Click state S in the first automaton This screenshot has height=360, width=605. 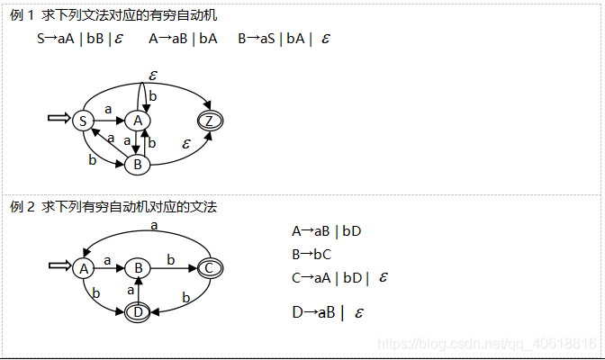83,121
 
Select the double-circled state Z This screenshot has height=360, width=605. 211,121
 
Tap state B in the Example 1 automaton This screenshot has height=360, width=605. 138,165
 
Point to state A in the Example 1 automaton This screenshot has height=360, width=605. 138,121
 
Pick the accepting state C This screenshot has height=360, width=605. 210,267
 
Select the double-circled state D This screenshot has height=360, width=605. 138,311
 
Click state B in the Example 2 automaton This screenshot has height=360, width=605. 138,267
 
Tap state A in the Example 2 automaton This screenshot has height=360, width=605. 83,267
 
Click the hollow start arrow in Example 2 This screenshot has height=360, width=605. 59,266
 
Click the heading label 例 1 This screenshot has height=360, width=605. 22,15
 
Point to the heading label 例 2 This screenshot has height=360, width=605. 22,207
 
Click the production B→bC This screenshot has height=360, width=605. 312,254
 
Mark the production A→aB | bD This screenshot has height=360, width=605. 327,231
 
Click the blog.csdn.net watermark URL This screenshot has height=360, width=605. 487,344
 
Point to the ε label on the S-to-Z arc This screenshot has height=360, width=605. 153,75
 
